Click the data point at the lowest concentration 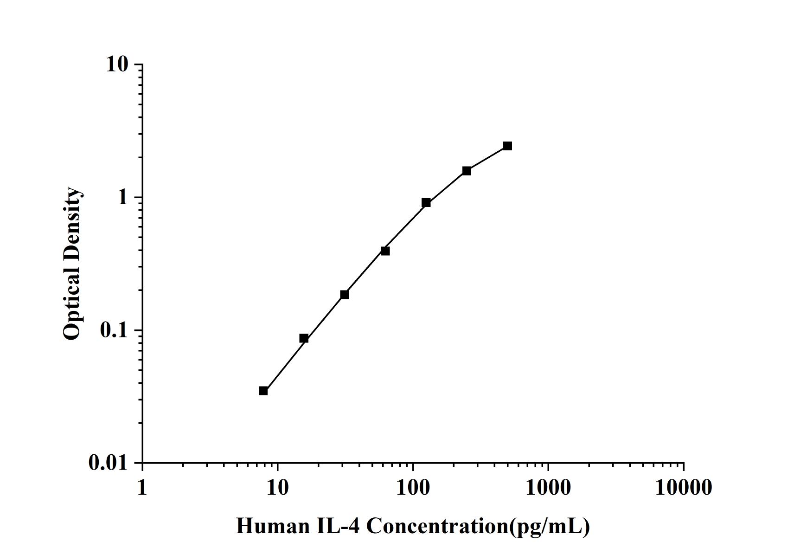[263, 391]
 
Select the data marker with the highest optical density [507, 146]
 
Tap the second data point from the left [304, 338]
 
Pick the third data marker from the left [345, 295]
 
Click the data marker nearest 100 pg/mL [426, 202]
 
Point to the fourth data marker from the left [385, 251]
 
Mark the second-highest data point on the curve [467, 171]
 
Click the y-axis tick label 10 [117, 65]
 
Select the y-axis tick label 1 [122, 198]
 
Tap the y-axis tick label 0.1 [114, 330]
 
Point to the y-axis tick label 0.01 [108, 463]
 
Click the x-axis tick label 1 [142, 488]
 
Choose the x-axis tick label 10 [277, 488]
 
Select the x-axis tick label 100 [413, 488]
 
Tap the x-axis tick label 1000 [548, 488]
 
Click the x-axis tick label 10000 [683, 488]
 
